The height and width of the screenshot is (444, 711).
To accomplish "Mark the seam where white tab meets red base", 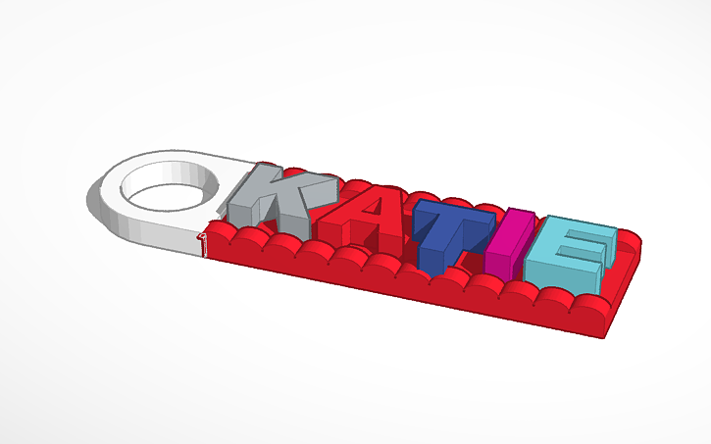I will pos(206,240).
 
